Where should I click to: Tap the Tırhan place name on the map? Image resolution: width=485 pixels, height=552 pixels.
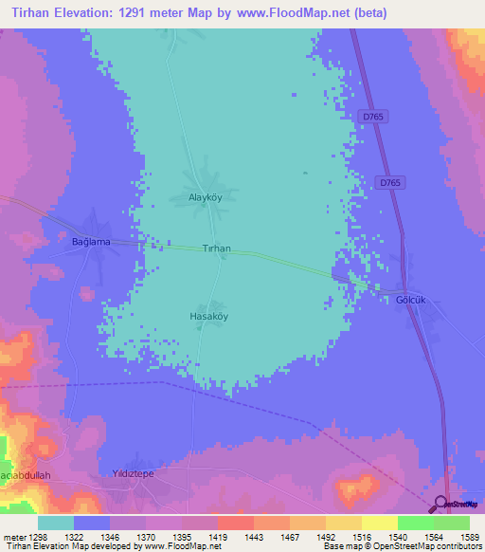point(217,248)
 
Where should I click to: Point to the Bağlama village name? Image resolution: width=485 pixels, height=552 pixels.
point(92,242)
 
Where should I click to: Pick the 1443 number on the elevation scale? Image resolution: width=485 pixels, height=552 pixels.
point(253,537)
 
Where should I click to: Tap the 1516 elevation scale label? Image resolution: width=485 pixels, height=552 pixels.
point(360,537)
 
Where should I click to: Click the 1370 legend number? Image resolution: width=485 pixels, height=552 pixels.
point(146,537)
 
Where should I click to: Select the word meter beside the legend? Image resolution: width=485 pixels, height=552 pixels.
point(14,537)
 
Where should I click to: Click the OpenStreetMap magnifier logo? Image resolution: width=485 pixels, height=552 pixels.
point(440,503)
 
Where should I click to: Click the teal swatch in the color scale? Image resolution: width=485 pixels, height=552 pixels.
point(56,523)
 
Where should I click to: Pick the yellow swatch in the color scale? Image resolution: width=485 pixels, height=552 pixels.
point(379,523)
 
